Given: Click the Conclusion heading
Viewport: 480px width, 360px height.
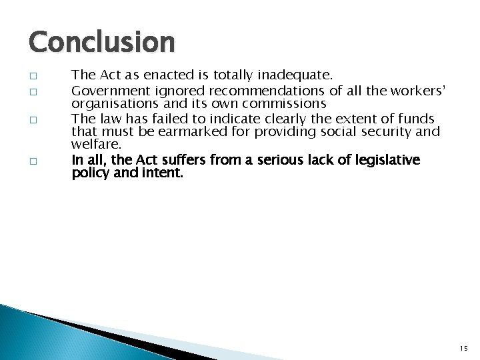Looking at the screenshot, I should point(101,43).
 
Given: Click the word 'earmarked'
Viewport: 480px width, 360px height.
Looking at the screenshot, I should point(193,132).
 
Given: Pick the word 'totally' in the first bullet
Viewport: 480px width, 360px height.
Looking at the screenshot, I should point(226,76).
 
